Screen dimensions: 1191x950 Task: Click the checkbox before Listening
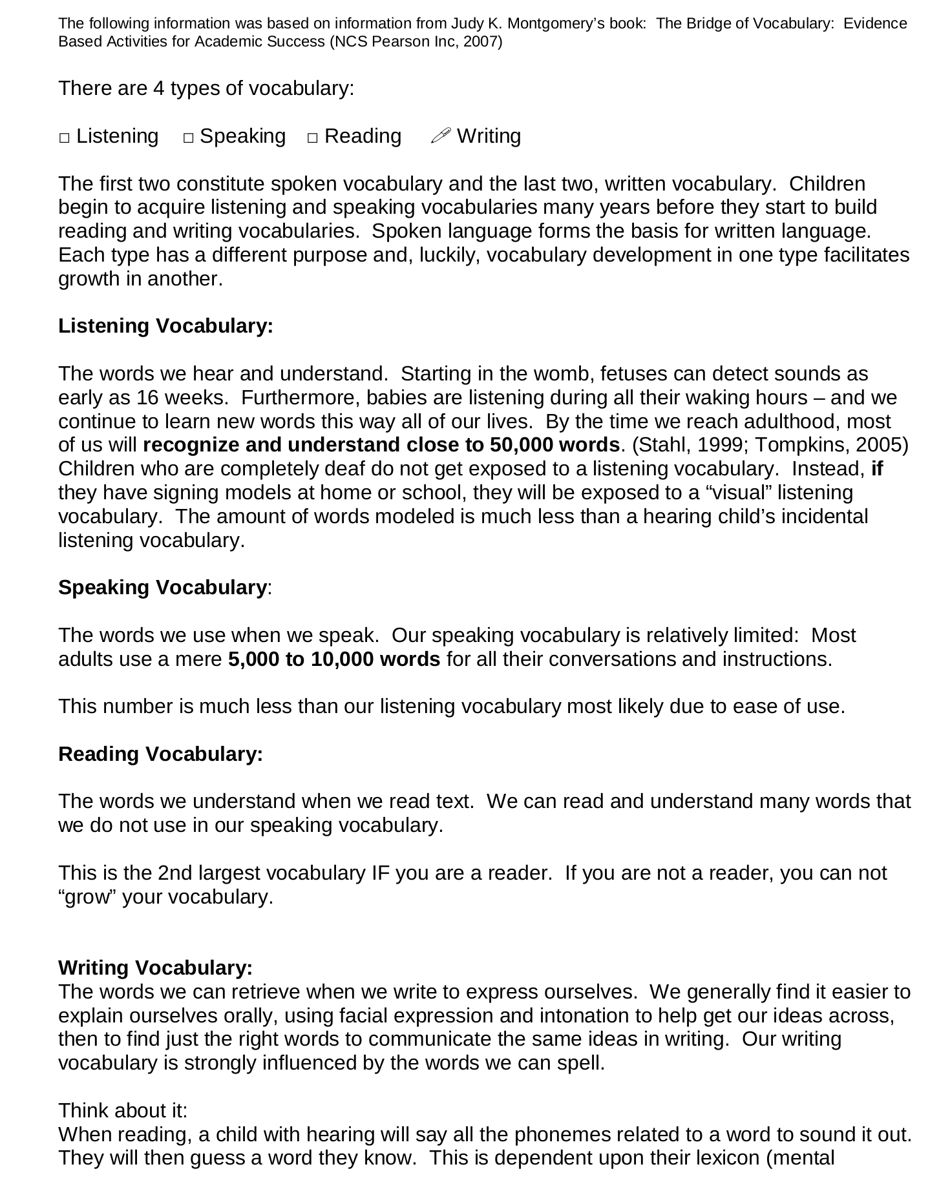click(x=64, y=138)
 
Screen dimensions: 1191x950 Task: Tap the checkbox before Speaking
click(x=188, y=138)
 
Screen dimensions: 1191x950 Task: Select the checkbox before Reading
click(x=313, y=138)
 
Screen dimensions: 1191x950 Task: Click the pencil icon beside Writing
click(x=440, y=136)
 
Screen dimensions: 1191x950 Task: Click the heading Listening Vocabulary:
click(x=165, y=326)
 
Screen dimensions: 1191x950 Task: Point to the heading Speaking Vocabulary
click(x=162, y=588)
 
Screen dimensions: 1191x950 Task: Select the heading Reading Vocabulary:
click(x=160, y=754)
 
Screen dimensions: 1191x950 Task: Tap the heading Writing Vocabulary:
click(x=155, y=968)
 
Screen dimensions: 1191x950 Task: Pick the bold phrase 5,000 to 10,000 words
click(x=334, y=659)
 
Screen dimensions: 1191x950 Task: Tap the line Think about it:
click(x=123, y=1111)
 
